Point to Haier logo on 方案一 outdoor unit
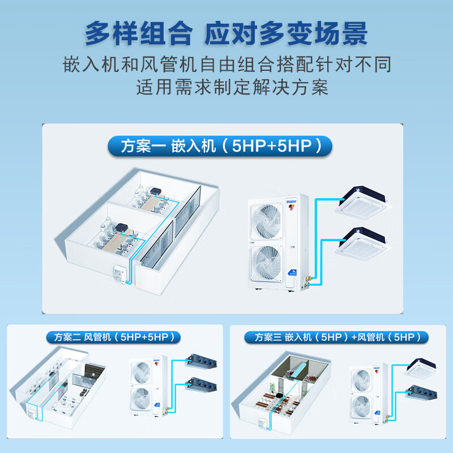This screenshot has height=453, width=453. [x=292, y=200]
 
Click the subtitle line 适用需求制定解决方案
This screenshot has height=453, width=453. [x=232, y=88]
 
